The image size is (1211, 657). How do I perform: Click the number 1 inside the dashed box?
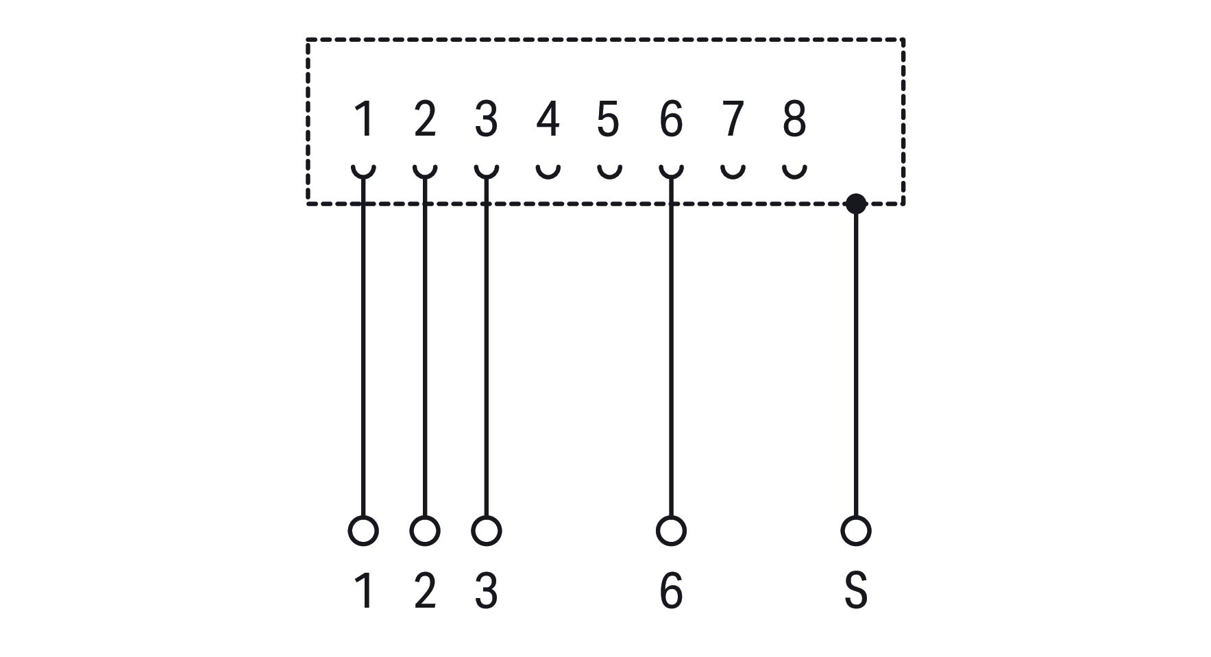tap(364, 119)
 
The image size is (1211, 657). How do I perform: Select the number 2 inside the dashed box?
tap(425, 119)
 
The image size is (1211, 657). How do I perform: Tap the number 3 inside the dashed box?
tap(486, 119)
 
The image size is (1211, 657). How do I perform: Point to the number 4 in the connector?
tap(548, 119)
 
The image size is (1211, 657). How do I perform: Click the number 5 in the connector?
tap(609, 119)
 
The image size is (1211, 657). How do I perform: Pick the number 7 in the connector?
tap(733, 119)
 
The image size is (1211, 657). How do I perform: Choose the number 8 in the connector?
tap(794, 119)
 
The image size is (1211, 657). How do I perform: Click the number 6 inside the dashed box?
tap(671, 119)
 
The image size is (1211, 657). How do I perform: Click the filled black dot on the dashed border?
tap(856, 203)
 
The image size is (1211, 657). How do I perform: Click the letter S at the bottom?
tap(856, 591)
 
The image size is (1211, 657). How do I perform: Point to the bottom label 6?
tap(671, 591)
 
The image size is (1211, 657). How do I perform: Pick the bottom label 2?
tap(425, 591)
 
